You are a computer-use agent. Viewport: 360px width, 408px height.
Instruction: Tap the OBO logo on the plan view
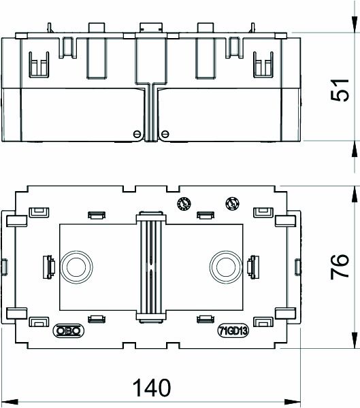66,331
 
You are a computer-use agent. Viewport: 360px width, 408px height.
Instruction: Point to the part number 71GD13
233,331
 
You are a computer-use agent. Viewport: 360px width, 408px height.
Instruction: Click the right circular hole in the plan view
226,264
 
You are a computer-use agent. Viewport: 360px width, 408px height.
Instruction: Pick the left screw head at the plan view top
182,202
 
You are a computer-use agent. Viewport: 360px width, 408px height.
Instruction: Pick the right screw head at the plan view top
231,202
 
